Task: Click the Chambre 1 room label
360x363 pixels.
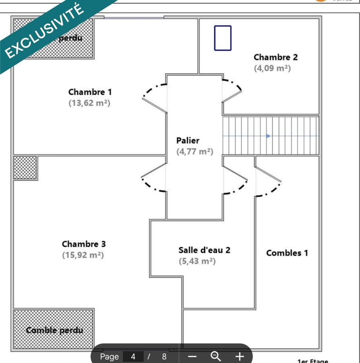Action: point(89,92)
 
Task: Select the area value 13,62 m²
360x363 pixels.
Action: point(89,103)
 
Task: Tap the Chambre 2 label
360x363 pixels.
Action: point(276,57)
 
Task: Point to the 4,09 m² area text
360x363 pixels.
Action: point(272,68)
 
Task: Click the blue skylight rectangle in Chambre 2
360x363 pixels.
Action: point(222,38)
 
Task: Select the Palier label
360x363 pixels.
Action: point(187,141)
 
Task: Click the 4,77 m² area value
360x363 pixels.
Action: point(194,152)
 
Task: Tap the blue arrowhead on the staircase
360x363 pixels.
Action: point(269,136)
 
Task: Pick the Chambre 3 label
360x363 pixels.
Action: point(84,244)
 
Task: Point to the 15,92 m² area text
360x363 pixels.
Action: point(83,255)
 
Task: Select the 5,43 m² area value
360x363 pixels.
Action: point(197,261)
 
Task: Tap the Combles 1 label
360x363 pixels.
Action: point(287,253)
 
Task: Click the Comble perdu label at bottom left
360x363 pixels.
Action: point(54,330)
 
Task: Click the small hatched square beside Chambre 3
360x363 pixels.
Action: point(25,167)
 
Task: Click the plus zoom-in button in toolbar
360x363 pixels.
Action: point(239,356)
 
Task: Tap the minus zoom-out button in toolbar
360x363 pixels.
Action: point(192,356)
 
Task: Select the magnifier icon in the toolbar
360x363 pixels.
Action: point(216,356)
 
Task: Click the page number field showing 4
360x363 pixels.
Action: point(133,356)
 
